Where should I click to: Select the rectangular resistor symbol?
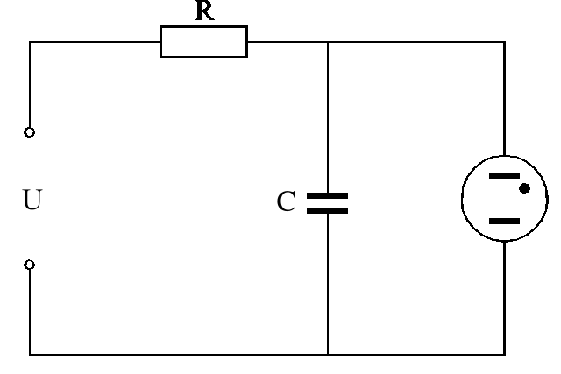tap(203, 41)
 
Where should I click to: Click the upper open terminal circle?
tap(30, 132)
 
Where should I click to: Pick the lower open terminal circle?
tap(30, 265)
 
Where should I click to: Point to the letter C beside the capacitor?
tap(285, 203)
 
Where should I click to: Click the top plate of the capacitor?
tap(327, 196)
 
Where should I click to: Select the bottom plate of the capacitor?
tap(327, 210)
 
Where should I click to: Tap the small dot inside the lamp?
tap(523, 187)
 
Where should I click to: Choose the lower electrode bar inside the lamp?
tap(503, 221)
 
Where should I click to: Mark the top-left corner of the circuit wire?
tap(30, 41)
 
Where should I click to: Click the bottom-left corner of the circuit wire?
tap(30, 355)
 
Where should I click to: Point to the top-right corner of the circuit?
tap(505, 41)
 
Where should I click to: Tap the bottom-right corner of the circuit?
tap(505, 355)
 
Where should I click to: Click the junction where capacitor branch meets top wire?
tap(327, 41)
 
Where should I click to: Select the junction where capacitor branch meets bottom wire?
tap(327, 355)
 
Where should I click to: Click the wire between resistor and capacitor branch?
tap(287, 41)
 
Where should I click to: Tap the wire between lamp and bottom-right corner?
tap(505, 298)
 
